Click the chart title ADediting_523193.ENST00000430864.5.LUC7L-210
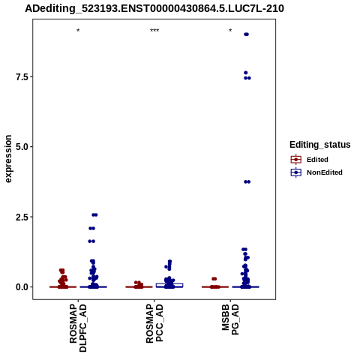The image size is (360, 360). click(x=154, y=8)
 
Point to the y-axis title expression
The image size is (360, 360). click(x=8, y=159)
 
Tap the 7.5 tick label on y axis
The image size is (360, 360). click(x=22, y=77)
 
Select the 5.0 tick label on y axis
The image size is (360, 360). click(x=22, y=147)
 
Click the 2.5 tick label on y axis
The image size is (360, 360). click(x=22, y=217)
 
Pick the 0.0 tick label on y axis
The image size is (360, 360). click(x=22, y=287)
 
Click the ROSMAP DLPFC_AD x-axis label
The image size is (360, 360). click(x=78, y=328)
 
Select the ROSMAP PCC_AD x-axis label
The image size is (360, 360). click(x=154, y=323)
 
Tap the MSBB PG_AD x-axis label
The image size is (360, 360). click(x=230, y=319)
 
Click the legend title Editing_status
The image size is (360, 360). click(x=320, y=145)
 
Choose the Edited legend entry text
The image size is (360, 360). click(x=317, y=160)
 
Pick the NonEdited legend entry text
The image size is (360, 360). click(x=325, y=172)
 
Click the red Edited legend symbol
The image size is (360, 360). click(x=296, y=160)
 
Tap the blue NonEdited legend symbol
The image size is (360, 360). click(x=296, y=172)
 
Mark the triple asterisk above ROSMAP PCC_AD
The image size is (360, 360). click(x=154, y=31)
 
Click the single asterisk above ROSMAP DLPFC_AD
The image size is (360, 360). click(x=78, y=31)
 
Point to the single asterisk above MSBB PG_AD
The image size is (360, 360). click(x=230, y=31)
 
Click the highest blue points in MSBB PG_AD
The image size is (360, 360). click(x=246, y=34)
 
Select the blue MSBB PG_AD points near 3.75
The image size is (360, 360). click(x=247, y=181)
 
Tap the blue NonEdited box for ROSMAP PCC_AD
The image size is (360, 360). click(x=169, y=285)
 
